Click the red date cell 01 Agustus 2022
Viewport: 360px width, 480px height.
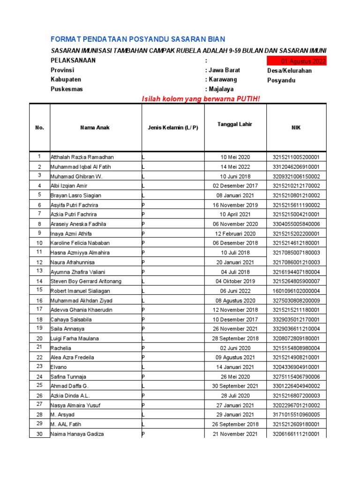click(296, 61)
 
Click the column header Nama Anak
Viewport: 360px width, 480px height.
click(95, 127)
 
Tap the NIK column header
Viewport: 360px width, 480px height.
click(297, 127)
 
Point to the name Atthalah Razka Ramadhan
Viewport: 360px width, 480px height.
click(82, 157)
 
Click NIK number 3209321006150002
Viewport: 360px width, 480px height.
click(297, 176)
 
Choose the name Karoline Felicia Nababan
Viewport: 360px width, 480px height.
click(81, 243)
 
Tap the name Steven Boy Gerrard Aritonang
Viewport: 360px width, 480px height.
click(86, 281)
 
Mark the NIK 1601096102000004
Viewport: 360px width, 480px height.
click(297, 291)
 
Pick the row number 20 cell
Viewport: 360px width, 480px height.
click(40, 338)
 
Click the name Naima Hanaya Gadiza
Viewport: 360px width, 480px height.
click(77, 434)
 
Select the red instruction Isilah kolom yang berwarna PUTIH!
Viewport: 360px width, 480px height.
click(200, 98)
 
